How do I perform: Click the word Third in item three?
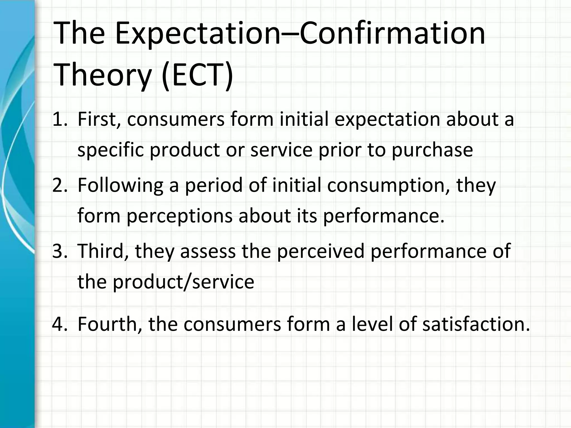101,251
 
